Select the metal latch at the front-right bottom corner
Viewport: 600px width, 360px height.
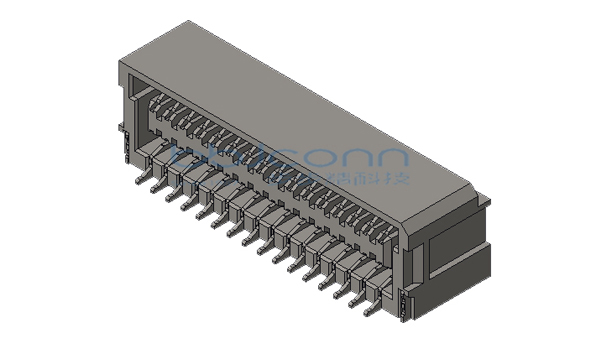pos(404,304)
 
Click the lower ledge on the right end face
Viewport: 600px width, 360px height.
pos(465,280)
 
